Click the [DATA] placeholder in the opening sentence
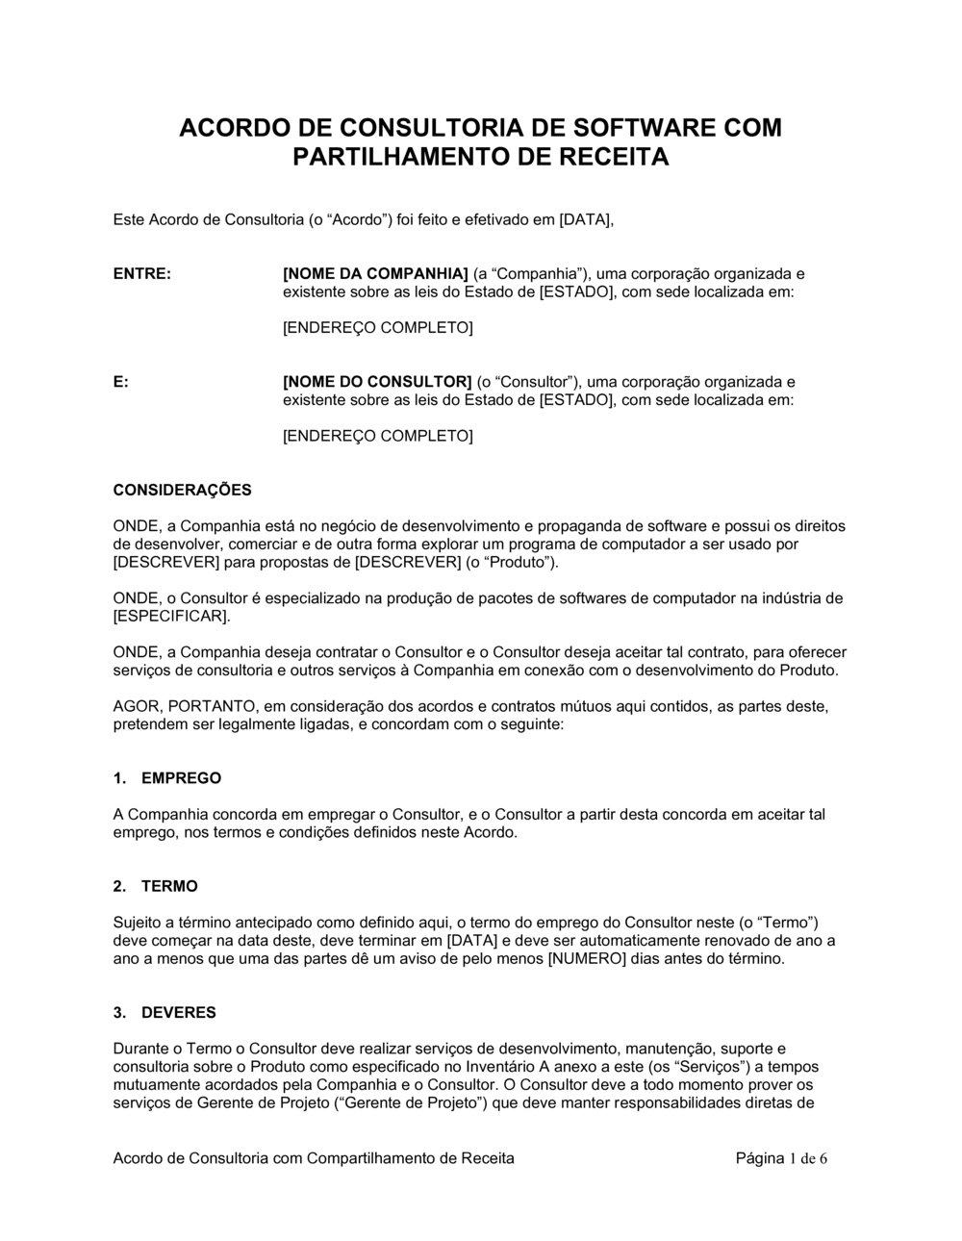click(586, 219)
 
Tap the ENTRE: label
click(142, 274)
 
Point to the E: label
click(121, 382)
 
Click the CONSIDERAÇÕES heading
click(182, 490)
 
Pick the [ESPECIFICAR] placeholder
click(171, 616)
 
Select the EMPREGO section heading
click(181, 778)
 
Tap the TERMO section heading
click(169, 886)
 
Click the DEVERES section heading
click(179, 1012)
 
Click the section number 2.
click(118, 886)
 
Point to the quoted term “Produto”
click(522, 562)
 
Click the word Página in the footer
click(760, 1158)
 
